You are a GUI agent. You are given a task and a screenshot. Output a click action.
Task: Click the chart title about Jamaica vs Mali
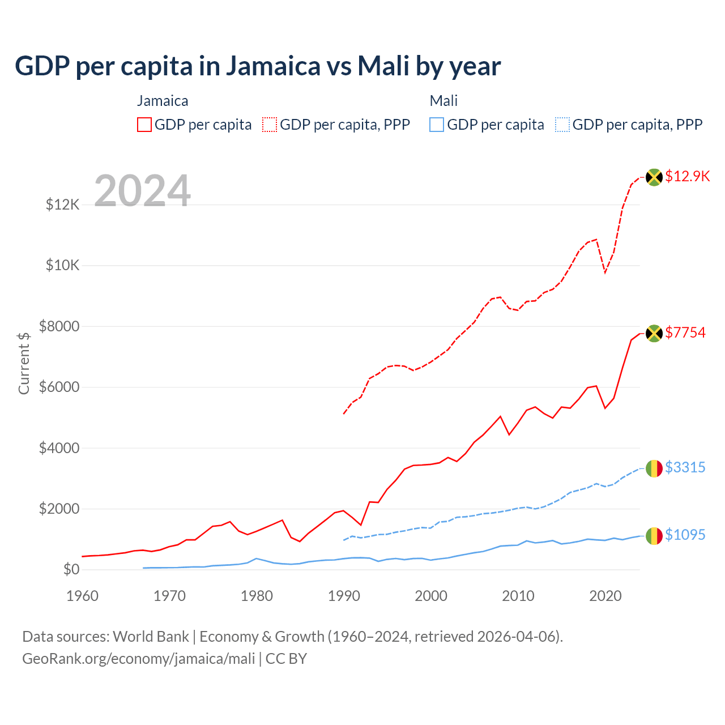pyautogui.click(x=258, y=66)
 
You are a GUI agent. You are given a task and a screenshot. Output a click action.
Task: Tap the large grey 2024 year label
pyautogui.click(x=142, y=191)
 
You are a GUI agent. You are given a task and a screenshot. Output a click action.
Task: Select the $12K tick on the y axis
pyautogui.click(x=63, y=204)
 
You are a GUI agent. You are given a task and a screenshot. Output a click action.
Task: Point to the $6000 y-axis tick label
pyautogui.click(x=59, y=387)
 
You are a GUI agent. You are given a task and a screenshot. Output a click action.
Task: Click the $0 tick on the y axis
pyautogui.click(x=71, y=569)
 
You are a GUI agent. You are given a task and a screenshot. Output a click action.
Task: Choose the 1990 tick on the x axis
pyautogui.click(x=344, y=596)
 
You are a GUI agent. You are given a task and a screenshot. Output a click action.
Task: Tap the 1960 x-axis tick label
pyautogui.click(x=83, y=596)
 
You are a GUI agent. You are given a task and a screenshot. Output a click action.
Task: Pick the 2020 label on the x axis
pyautogui.click(x=605, y=596)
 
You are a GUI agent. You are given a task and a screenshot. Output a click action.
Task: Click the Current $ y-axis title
pyautogui.click(x=24, y=363)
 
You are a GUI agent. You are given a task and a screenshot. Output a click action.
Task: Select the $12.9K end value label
pyautogui.click(x=687, y=176)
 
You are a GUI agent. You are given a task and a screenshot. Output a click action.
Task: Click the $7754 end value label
pyautogui.click(x=685, y=332)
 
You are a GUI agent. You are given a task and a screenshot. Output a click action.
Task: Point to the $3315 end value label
pyautogui.click(x=685, y=467)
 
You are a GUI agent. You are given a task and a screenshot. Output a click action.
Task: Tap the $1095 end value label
pyautogui.click(x=685, y=535)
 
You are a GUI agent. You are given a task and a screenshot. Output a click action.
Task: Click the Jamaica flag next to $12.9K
pyautogui.click(x=654, y=177)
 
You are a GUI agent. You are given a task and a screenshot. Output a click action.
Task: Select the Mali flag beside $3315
pyautogui.click(x=654, y=468)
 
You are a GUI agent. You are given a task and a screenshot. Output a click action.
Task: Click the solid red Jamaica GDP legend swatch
pyautogui.click(x=144, y=125)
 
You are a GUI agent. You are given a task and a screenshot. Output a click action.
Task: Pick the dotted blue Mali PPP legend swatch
pyautogui.click(x=562, y=125)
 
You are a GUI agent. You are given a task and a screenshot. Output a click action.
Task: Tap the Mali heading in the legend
pyautogui.click(x=443, y=101)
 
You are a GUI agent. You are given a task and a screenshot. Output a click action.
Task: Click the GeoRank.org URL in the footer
pyautogui.click(x=139, y=659)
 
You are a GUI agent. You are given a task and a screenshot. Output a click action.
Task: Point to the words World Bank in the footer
pyautogui.click(x=151, y=637)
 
